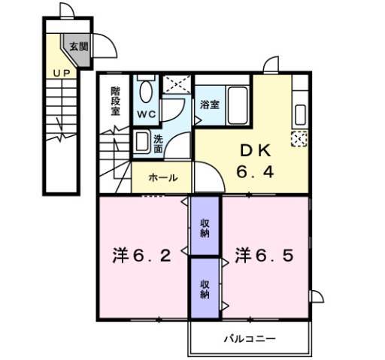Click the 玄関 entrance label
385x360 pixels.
[80, 47]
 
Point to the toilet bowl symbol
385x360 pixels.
[146, 92]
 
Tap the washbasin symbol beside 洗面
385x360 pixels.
[141, 141]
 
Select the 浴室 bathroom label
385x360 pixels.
[210, 105]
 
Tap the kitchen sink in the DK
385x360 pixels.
[299, 115]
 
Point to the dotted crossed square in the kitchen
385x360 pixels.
[299, 138]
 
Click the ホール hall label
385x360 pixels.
[162, 178]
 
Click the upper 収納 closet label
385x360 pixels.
[205, 227]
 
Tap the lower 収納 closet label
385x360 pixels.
[205, 289]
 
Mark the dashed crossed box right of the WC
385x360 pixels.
[177, 84]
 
